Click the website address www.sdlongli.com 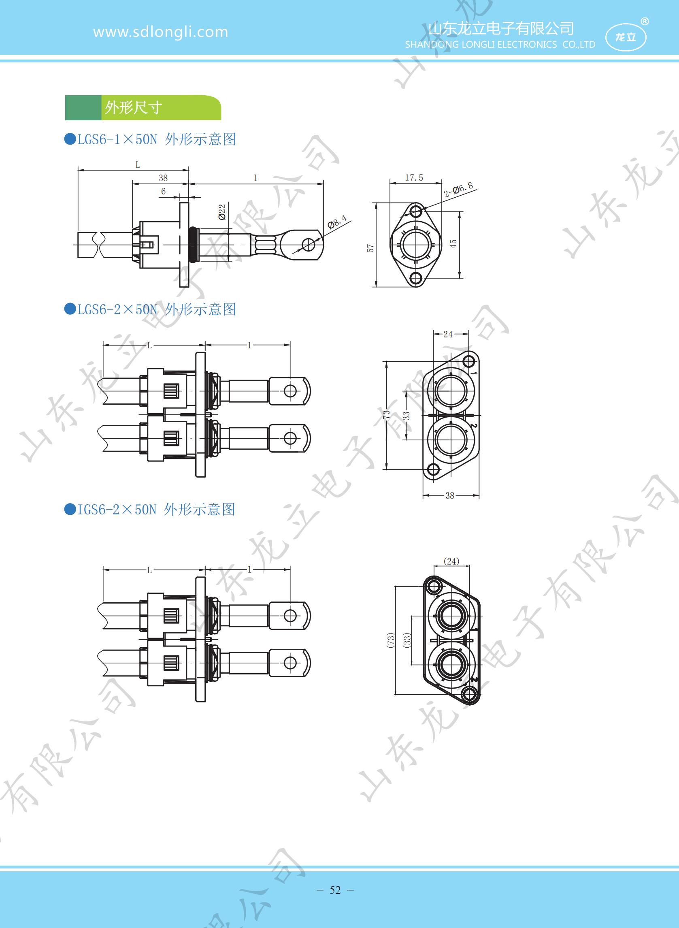(161, 32)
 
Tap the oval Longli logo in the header (626, 37)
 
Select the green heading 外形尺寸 (133, 108)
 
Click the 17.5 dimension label (414, 178)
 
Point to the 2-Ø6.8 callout (458, 190)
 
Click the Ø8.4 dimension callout (337, 222)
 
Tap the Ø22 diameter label (222, 211)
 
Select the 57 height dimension (370, 248)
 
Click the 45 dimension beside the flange (453, 243)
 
